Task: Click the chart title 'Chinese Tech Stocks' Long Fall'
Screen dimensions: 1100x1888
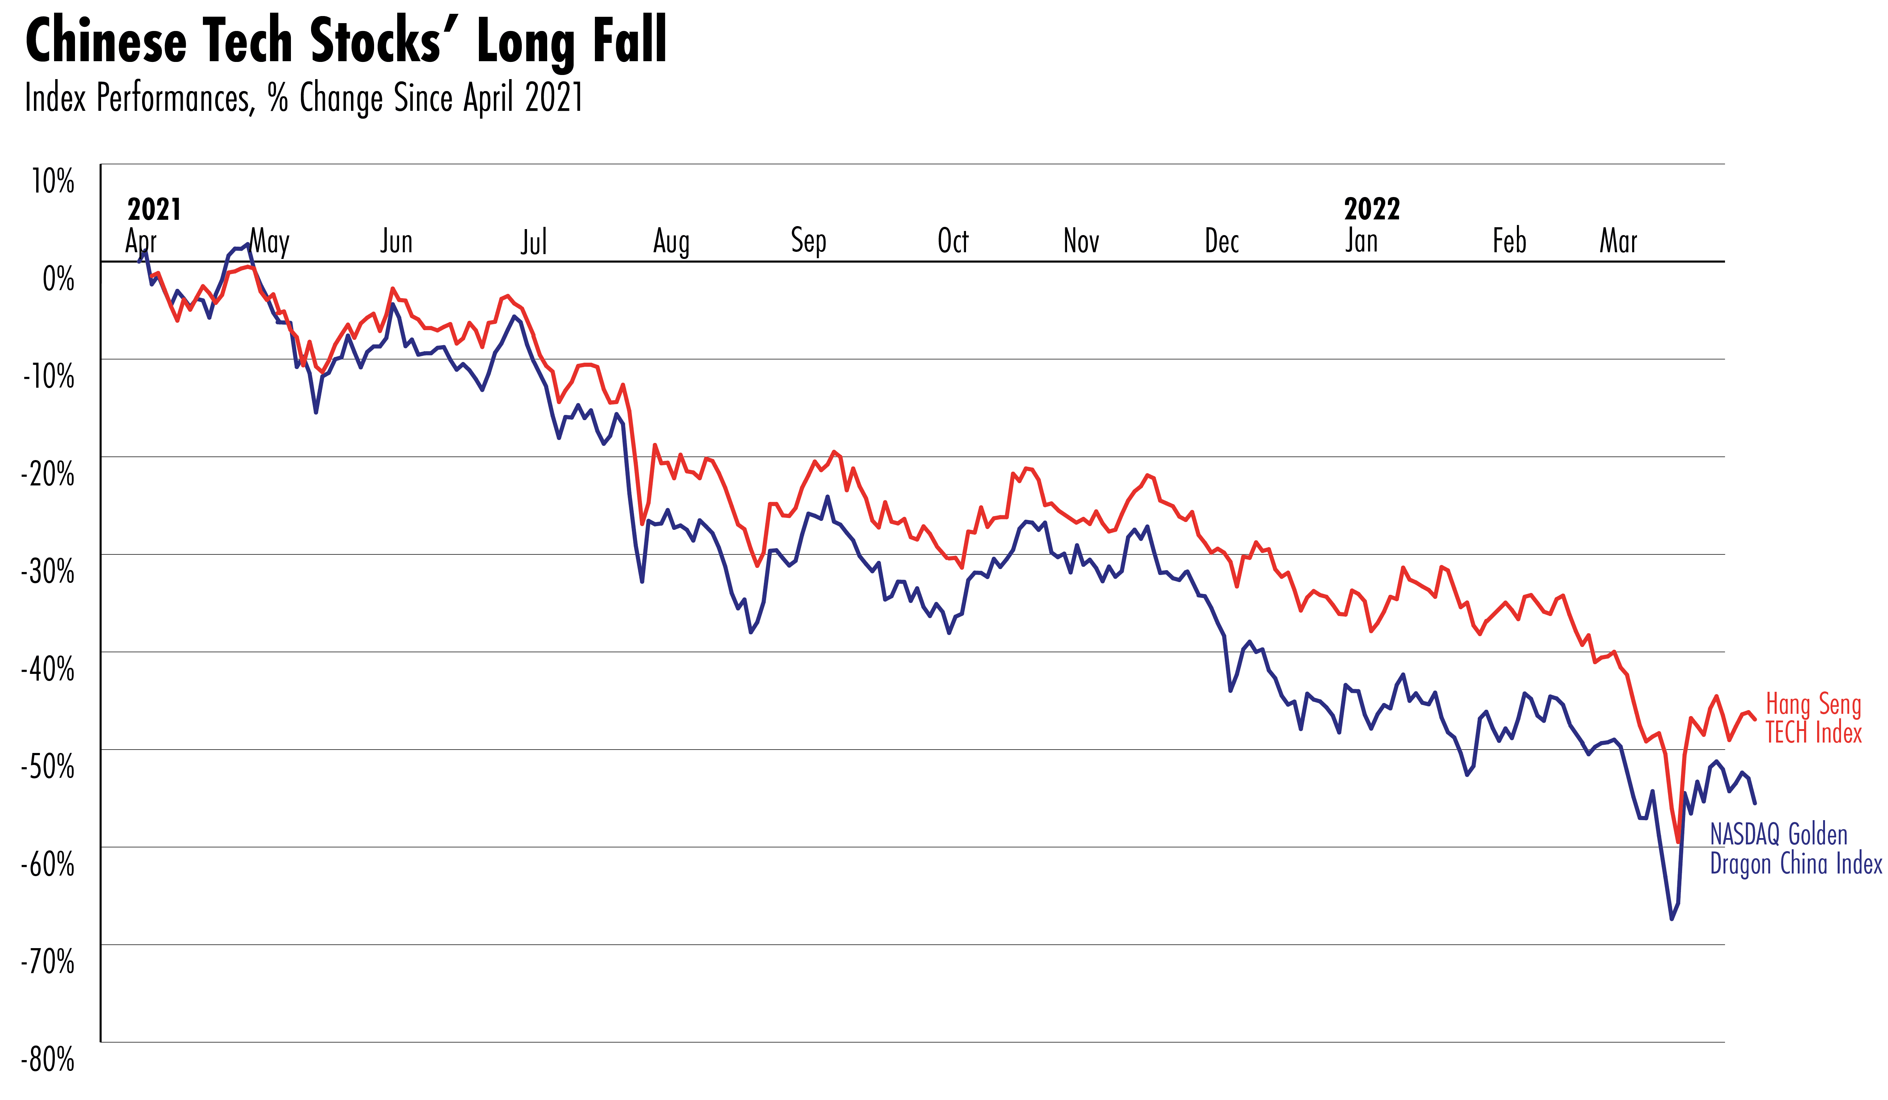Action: coord(346,41)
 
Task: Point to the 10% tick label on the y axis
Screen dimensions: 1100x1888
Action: coord(53,181)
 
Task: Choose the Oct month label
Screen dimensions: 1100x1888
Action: coord(953,241)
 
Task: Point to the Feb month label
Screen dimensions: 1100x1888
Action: coord(1509,241)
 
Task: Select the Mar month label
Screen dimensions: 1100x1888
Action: coord(1618,241)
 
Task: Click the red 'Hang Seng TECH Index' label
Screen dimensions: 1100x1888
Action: coord(1813,718)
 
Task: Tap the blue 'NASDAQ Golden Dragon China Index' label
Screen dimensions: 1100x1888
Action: coord(1795,849)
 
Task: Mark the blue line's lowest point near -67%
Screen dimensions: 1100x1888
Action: coord(1671,919)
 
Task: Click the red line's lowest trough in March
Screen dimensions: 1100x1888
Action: coord(1678,842)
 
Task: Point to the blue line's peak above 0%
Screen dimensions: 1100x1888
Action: coord(247,244)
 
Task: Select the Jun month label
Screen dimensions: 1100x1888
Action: coord(396,241)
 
